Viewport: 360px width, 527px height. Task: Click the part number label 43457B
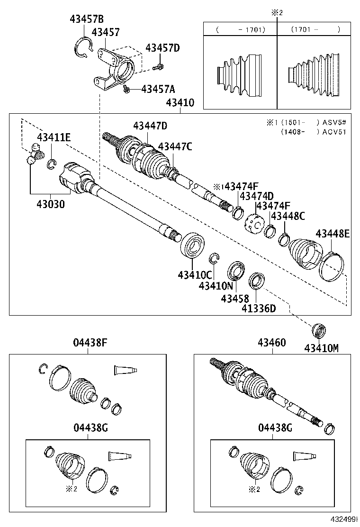tap(86, 19)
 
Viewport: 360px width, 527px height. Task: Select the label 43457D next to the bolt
tap(162, 48)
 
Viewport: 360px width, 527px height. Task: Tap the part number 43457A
tap(158, 89)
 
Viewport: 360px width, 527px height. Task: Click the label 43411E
tap(54, 138)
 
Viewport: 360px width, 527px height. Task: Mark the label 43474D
tap(256, 196)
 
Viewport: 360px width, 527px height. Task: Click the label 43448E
tap(333, 233)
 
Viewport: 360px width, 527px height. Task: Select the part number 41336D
tap(259, 309)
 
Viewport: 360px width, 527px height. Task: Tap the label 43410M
tap(322, 348)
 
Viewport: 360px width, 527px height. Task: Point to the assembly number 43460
tap(272, 343)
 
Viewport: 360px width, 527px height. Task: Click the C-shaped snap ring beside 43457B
tap(84, 47)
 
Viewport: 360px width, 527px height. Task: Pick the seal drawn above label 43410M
tap(319, 329)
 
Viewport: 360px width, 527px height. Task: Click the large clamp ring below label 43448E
tap(333, 267)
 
